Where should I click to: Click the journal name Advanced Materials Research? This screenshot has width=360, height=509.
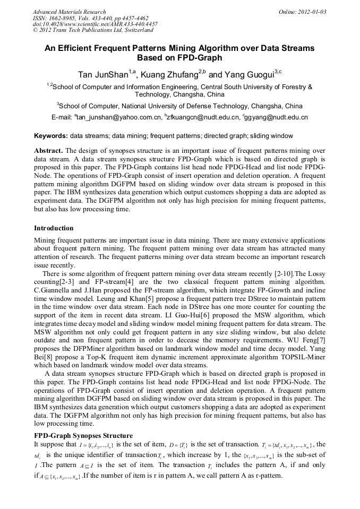coord(69,12)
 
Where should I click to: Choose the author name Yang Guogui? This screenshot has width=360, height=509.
coord(249,74)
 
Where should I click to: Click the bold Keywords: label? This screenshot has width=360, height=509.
coord(51,136)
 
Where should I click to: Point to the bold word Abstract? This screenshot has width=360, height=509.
coord(49,151)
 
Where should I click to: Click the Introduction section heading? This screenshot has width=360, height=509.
coord(54,228)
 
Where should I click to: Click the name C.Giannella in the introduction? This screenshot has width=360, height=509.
coord(53,291)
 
